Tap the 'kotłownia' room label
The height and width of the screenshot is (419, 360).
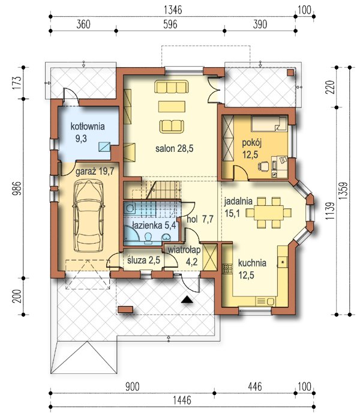click(88, 127)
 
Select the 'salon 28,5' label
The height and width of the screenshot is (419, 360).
click(175, 148)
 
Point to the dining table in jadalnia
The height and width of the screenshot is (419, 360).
click(268, 213)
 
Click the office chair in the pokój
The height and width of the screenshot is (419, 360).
click(263, 166)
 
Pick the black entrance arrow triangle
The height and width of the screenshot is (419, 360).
click(187, 300)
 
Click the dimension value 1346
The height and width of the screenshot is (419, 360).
click(173, 10)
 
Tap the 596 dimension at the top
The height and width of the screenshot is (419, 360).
click(170, 25)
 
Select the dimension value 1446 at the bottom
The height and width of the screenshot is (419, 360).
click(182, 400)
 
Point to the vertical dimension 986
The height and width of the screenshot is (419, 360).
click(17, 188)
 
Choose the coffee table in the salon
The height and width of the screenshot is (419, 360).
click(172, 106)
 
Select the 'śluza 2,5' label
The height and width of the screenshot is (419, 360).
click(143, 260)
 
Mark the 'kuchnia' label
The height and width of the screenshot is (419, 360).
click(252, 263)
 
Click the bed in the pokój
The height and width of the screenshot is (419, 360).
click(269, 123)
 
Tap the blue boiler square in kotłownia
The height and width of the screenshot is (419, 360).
click(104, 146)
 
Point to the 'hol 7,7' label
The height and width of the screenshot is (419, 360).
click(200, 219)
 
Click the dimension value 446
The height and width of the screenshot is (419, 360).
click(255, 387)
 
